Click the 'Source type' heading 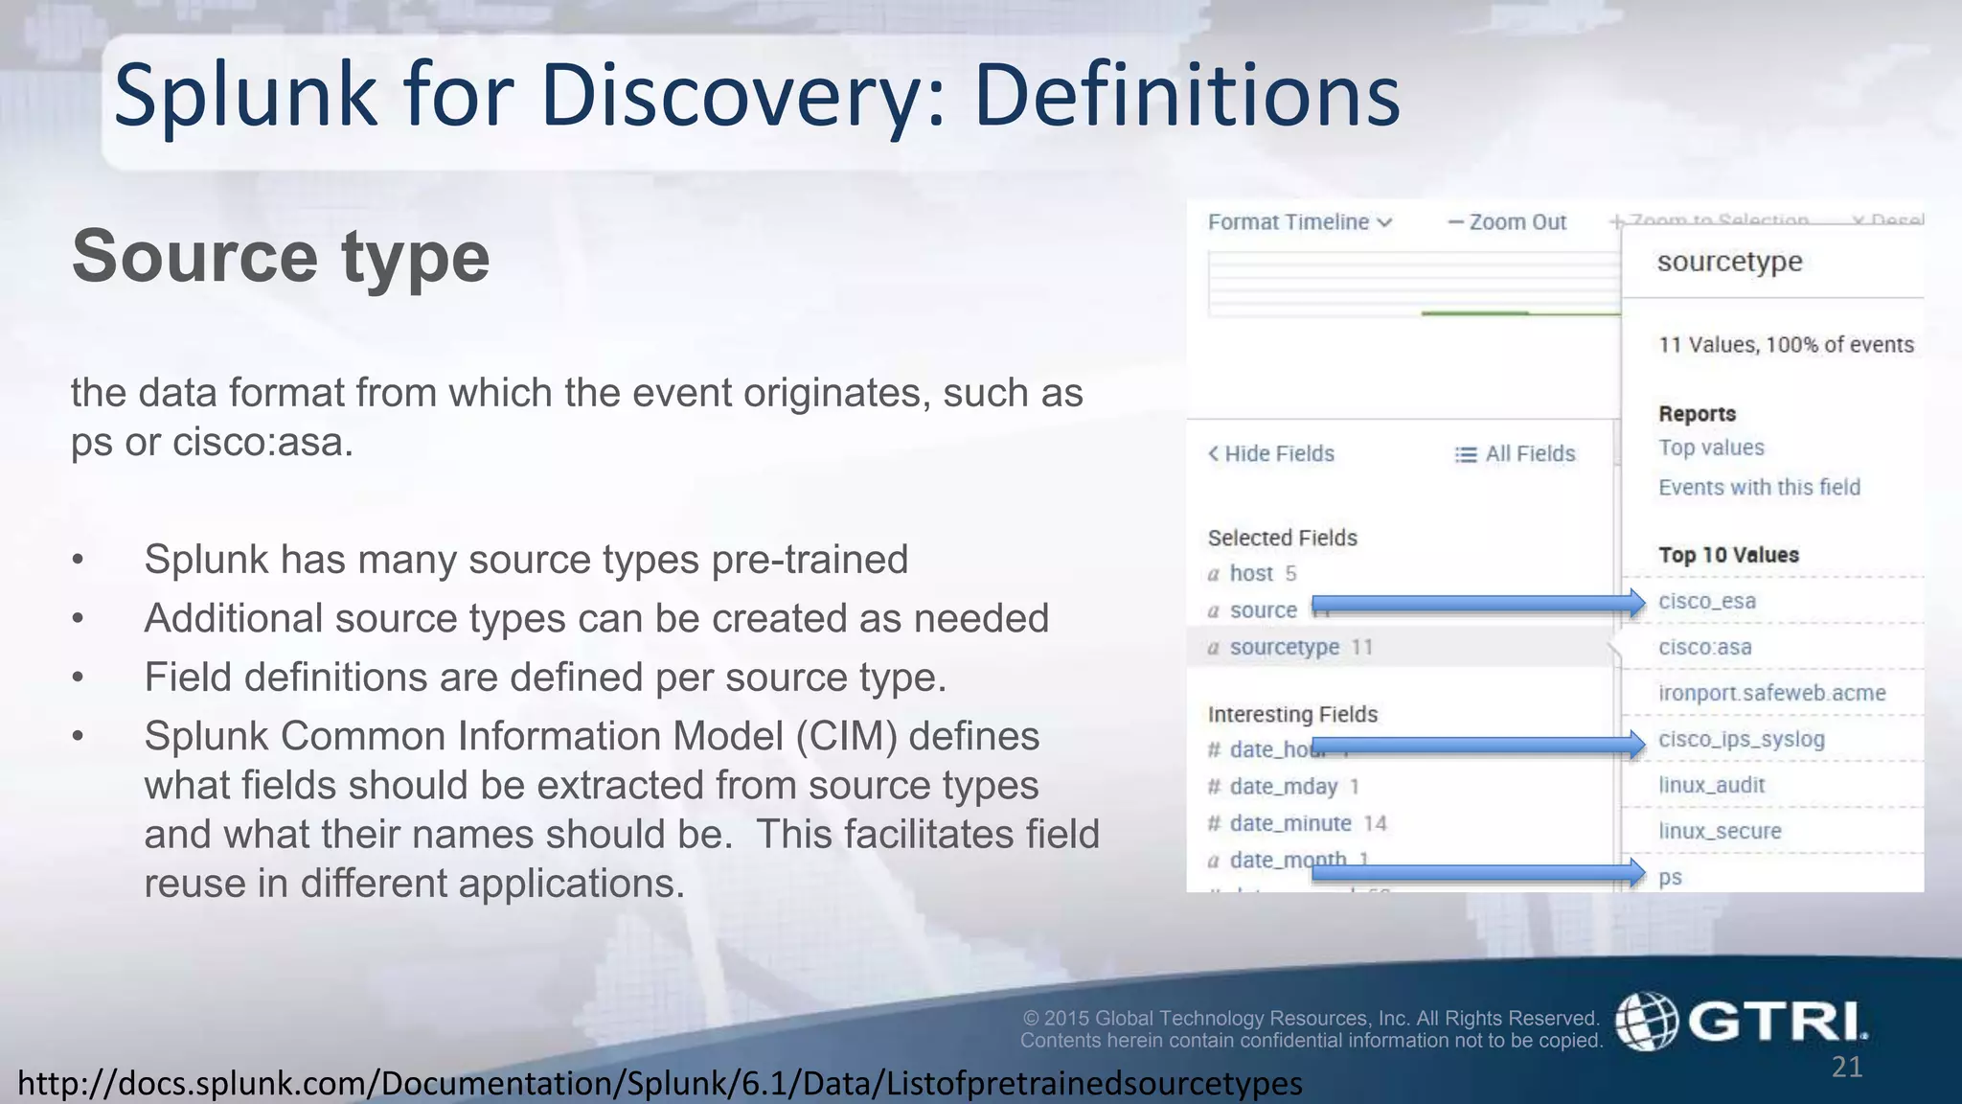click(x=280, y=257)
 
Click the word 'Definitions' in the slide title click(x=1186, y=96)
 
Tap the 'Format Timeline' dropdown click(x=1299, y=222)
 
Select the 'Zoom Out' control click(x=1507, y=222)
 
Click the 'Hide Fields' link click(x=1271, y=453)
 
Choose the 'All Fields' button click(x=1515, y=453)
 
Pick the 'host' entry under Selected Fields click(x=1251, y=573)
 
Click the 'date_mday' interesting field click(x=1283, y=787)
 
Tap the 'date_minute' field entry click(x=1289, y=823)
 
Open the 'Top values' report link click(x=1711, y=448)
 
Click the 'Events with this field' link click(x=1759, y=487)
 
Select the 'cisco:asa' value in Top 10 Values click(x=1704, y=647)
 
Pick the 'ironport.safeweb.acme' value click(x=1771, y=693)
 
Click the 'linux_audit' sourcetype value click(x=1711, y=785)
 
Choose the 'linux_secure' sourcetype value click(x=1720, y=831)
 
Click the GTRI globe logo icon click(x=1646, y=1021)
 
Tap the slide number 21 click(x=1847, y=1067)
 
